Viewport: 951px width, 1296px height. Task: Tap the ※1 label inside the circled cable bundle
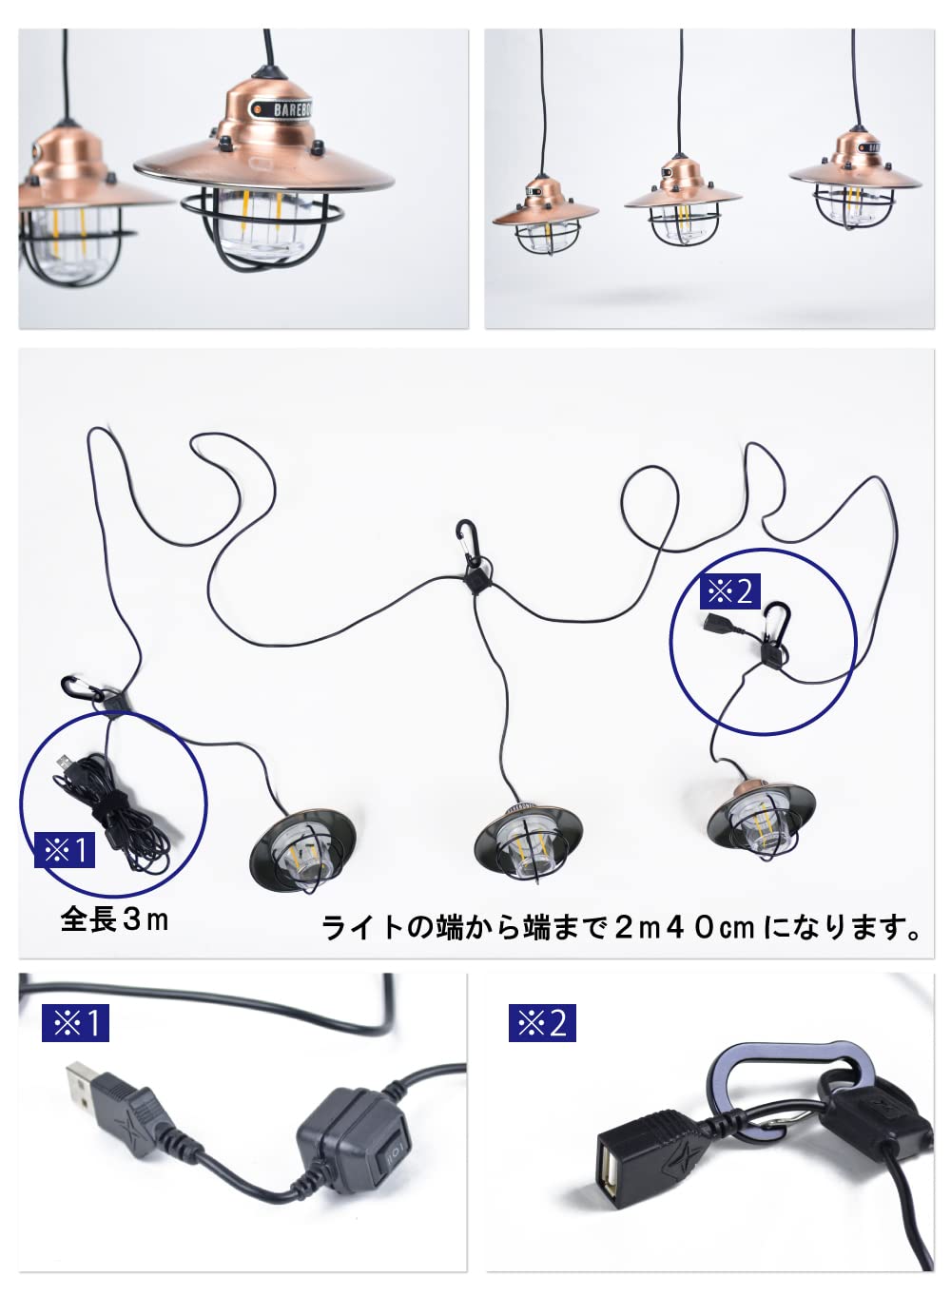66,849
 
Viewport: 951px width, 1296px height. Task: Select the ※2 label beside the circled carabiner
730,591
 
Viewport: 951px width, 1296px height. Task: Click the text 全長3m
114,919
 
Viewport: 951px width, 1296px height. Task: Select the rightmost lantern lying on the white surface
760,817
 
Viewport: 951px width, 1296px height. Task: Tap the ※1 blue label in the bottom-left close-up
76,1023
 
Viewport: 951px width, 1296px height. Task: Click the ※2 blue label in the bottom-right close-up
542,1023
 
